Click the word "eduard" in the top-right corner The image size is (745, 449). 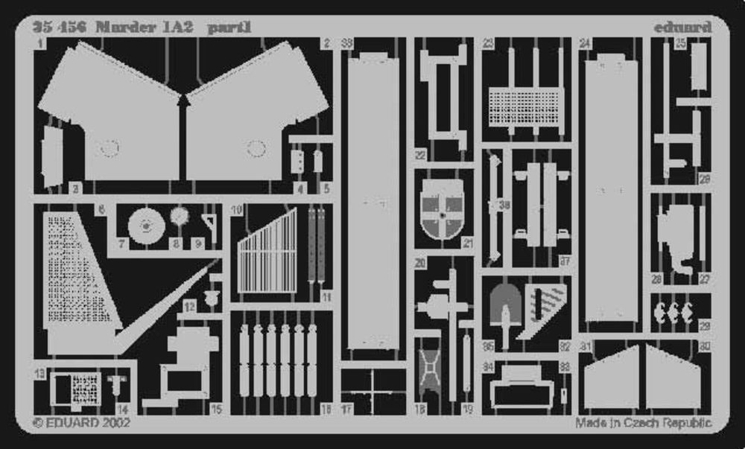pyautogui.click(x=682, y=28)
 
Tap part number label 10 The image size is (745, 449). pyautogui.click(x=237, y=211)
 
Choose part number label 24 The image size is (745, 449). pyautogui.click(x=585, y=44)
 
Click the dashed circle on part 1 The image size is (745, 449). pyautogui.click(x=109, y=149)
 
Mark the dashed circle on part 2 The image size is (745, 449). pyautogui.click(x=256, y=149)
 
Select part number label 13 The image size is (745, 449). pyautogui.click(x=39, y=372)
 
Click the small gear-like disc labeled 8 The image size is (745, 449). pyautogui.click(x=180, y=217)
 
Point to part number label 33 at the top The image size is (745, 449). pyautogui.click(x=346, y=44)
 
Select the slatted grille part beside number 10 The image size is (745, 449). pyautogui.click(x=267, y=253)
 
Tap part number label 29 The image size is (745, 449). pyautogui.click(x=704, y=326)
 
